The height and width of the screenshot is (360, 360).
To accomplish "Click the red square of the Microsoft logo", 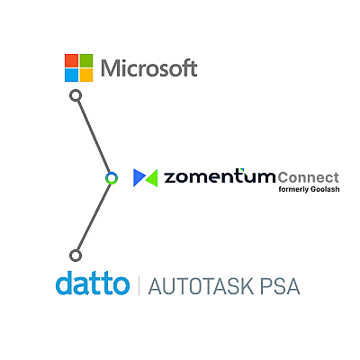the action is pyautogui.click(x=71, y=60).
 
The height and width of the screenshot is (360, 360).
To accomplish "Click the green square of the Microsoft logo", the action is pyautogui.click(x=86, y=60).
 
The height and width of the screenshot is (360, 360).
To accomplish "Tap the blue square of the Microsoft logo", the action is pyautogui.click(x=71, y=76).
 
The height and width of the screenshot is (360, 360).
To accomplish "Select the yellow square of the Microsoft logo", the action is pyautogui.click(x=86, y=76).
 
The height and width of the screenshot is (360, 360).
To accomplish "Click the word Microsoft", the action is pyautogui.click(x=149, y=67).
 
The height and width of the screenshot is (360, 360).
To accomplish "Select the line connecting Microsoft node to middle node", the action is pyautogui.click(x=94, y=137).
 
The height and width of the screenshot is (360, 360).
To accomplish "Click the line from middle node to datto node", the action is pyautogui.click(x=94, y=217).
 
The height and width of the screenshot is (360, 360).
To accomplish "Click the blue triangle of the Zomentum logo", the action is pyautogui.click(x=139, y=178).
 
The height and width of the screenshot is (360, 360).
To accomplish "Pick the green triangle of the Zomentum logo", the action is pyautogui.click(x=152, y=178).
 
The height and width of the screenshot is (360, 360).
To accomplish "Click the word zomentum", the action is pyautogui.click(x=220, y=176).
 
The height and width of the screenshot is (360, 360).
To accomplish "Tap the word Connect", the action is pyautogui.click(x=308, y=177).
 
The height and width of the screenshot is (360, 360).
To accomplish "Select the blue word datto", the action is pyautogui.click(x=93, y=283).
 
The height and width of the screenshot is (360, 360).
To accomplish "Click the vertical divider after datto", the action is pyautogui.click(x=139, y=286).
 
